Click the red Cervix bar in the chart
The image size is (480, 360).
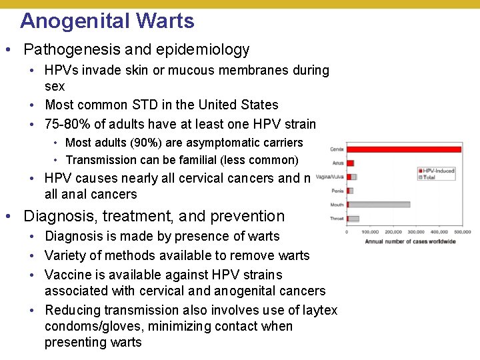click(x=403, y=149)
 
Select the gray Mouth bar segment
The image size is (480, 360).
click(x=380, y=204)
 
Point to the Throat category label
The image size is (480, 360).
click(x=337, y=219)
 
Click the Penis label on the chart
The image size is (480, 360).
click(x=338, y=191)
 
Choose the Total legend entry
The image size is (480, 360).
click(x=430, y=177)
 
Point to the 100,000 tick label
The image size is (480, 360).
click(x=370, y=232)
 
